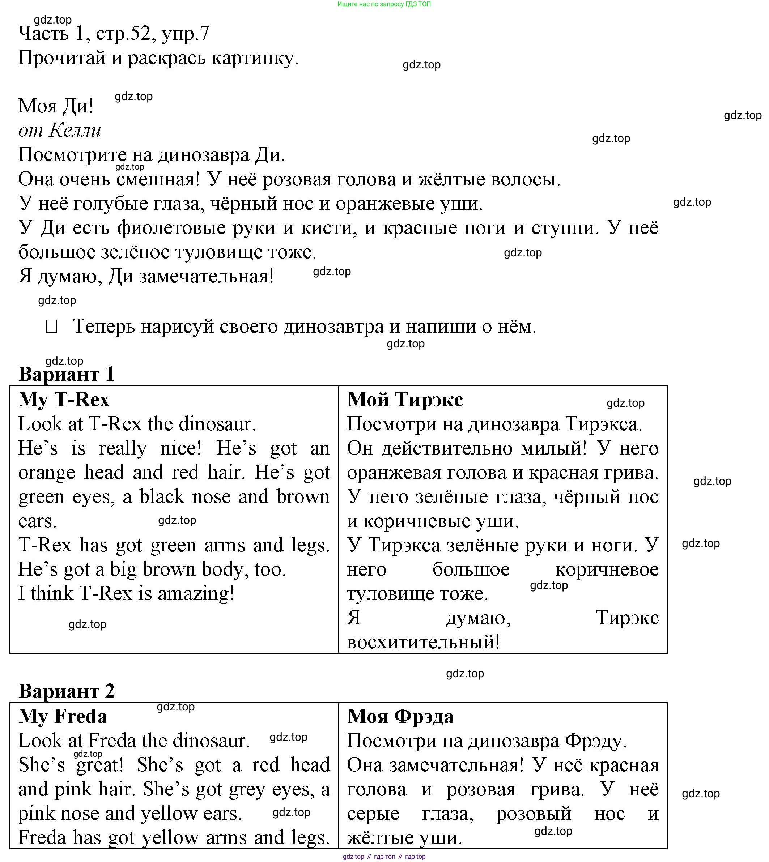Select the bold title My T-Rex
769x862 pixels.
[x=64, y=400]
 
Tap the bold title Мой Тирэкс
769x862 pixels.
[x=405, y=400]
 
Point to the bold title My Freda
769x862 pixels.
[x=63, y=716]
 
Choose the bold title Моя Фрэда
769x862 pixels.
[x=400, y=716]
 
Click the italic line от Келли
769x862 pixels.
[x=60, y=131]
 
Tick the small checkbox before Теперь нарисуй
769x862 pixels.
[x=52, y=326]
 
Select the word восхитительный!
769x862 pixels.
[x=423, y=642]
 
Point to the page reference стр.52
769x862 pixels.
[x=123, y=33]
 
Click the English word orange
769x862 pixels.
[x=46, y=473]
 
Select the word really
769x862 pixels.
[x=123, y=448]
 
